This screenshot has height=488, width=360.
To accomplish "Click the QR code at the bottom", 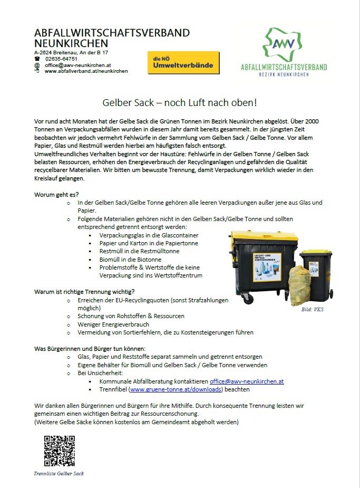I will [59, 451].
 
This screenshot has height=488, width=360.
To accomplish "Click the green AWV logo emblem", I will [283, 44].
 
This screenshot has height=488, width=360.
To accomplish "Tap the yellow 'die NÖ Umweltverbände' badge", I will [183, 63].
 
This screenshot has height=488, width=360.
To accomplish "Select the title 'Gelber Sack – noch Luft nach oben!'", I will [179, 102].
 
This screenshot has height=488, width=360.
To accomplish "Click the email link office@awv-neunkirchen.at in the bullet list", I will [247, 381].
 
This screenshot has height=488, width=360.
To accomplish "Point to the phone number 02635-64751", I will [61, 59].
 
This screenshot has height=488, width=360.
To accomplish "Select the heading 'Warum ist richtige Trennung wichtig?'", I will [84, 291].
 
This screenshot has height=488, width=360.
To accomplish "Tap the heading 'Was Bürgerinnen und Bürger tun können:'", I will [89, 349].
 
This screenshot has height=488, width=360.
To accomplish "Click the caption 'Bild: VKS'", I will [313, 309].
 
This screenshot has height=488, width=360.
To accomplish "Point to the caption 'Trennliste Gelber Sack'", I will [59, 473].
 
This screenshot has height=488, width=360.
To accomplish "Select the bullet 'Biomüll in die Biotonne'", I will [130, 260].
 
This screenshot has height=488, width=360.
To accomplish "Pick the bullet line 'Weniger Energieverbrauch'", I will [113, 324].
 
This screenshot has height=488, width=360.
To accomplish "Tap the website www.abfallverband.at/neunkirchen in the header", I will [86, 71].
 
